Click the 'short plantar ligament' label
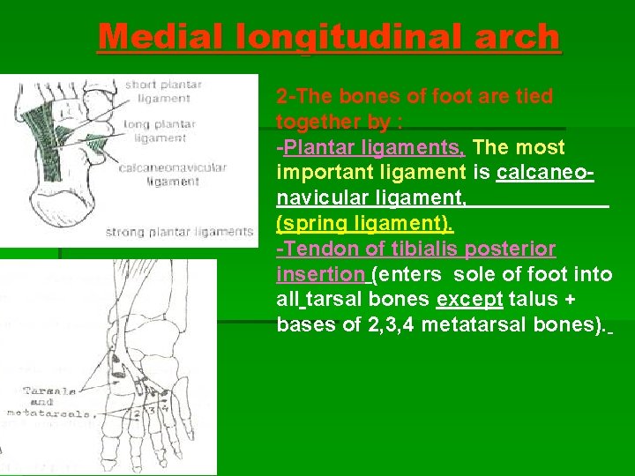(x=163, y=92)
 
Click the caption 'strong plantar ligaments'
(x=179, y=233)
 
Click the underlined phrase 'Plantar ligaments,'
(x=381, y=146)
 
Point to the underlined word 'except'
(x=469, y=299)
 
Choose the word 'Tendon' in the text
(x=313, y=249)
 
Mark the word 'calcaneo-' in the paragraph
(x=545, y=172)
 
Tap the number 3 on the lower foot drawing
(x=152, y=408)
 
